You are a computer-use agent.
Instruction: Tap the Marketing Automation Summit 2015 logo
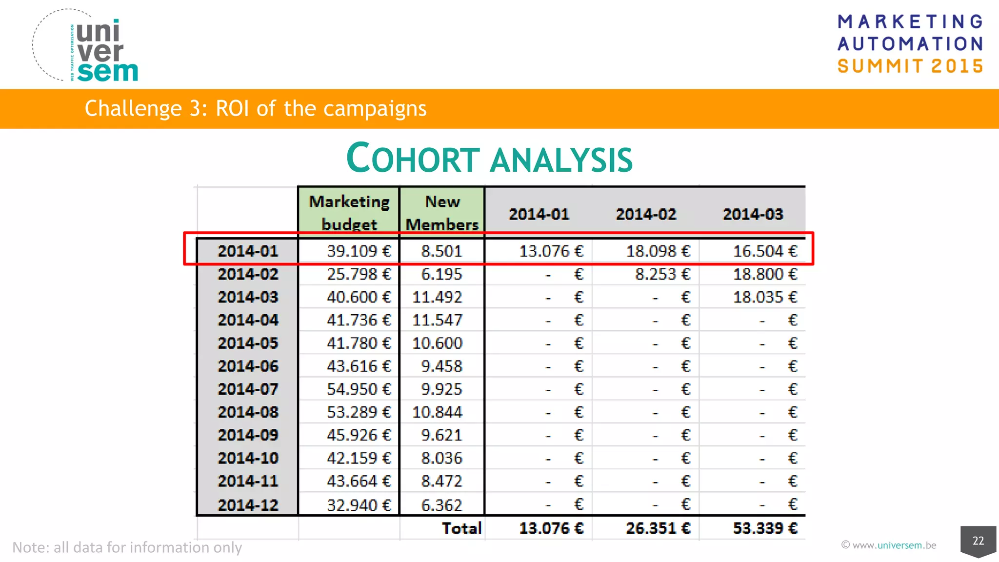[x=910, y=44]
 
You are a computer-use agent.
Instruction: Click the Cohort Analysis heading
[x=489, y=159]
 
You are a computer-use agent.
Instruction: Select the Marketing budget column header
[x=349, y=213]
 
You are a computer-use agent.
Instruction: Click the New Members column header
[x=442, y=213]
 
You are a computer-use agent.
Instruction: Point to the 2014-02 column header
[x=646, y=214]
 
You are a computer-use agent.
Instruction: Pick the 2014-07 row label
[x=248, y=389]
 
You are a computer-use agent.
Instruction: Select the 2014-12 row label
[x=248, y=504]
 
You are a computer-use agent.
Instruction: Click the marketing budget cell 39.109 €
[x=359, y=251]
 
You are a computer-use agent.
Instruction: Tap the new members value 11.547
[x=437, y=321]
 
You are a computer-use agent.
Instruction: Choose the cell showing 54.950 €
[x=359, y=389]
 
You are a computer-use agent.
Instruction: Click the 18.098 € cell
[x=658, y=251]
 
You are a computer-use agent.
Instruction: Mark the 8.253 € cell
[x=662, y=274]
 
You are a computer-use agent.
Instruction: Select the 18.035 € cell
[x=765, y=297]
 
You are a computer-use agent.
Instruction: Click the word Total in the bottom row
[x=461, y=528]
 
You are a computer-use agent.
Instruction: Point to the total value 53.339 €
[x=765, y=528]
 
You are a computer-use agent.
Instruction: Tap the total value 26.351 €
[x=658, y=528]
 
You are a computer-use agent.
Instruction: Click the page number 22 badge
[x=978, y=541]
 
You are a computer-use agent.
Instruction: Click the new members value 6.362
[x=441, y=505]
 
